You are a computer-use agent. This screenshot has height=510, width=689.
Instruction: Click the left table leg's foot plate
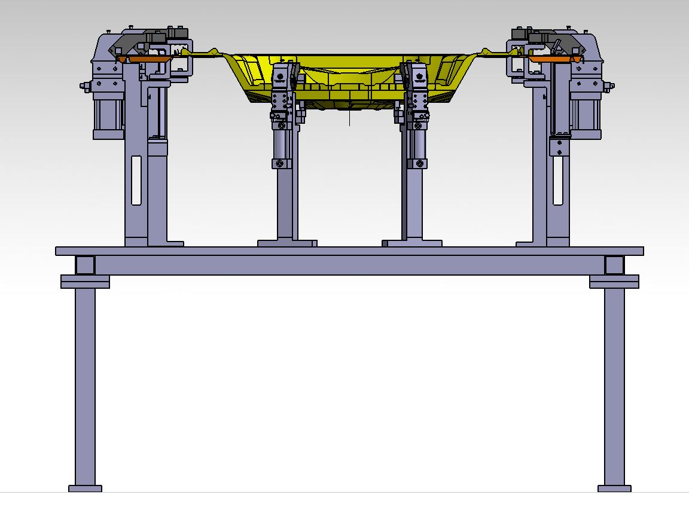(85, 488)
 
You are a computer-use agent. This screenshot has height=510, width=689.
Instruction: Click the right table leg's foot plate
(614, 488)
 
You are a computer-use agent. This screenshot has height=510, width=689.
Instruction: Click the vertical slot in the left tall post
(136, 180)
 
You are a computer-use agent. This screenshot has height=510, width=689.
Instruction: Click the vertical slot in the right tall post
(557, 180)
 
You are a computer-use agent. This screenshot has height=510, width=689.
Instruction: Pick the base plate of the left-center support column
(287, 243)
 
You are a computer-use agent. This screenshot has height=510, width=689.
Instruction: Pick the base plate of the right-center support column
(412, 243)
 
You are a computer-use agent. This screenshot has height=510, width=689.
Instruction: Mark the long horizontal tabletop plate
(350, 251)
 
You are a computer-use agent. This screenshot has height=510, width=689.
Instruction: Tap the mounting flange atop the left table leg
(85, 281)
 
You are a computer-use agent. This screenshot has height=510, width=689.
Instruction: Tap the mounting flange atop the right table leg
(614, 281)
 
